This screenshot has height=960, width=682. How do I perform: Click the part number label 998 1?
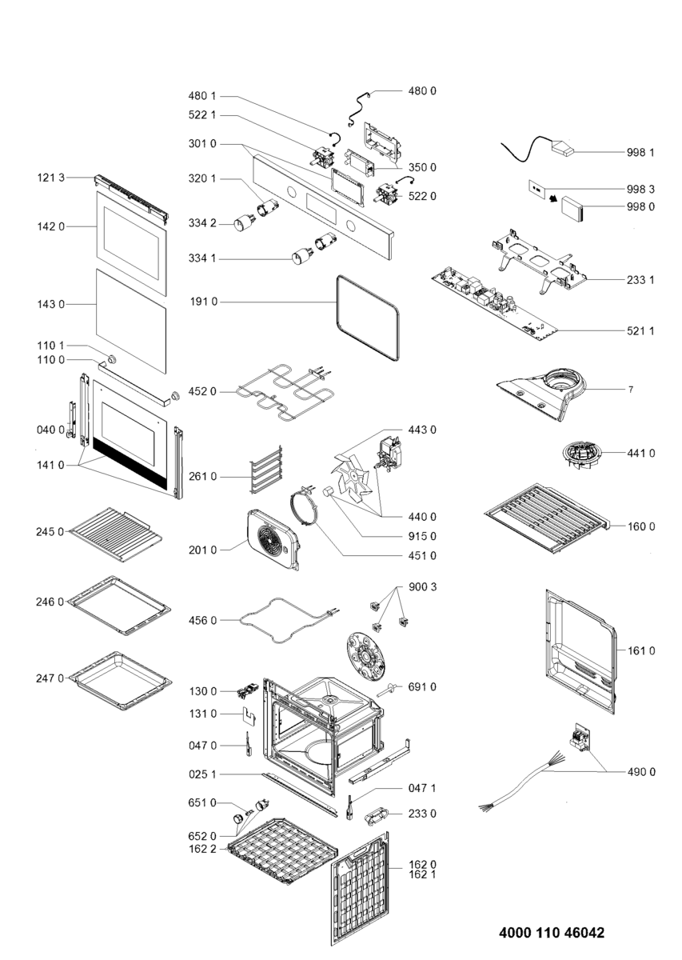coord(642,151)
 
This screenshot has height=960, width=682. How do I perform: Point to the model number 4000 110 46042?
coord(551,933)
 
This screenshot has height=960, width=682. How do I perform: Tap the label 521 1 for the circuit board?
coord(642,330)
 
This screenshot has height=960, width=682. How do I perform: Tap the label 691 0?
coord(422,686)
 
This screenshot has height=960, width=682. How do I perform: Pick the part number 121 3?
coord(52,177)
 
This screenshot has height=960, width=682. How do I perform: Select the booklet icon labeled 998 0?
coord(572,208)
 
